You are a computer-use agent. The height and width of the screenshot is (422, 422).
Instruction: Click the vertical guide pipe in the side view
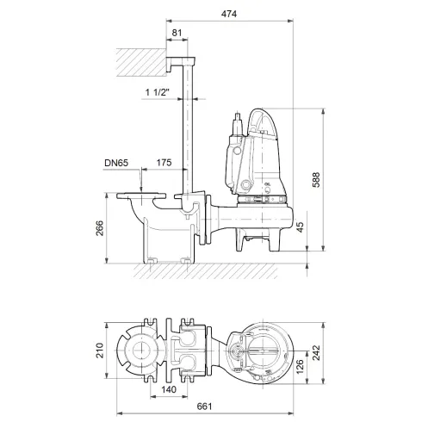tap(183, 129)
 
